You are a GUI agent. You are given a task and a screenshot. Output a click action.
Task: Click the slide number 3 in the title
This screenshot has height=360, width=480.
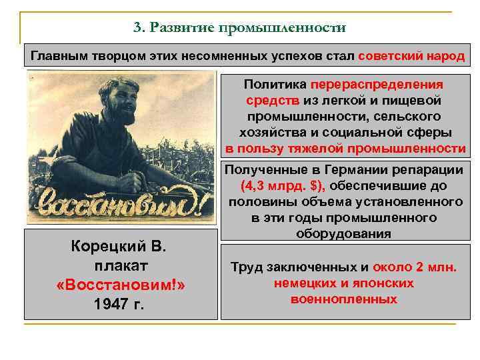coord(137,28)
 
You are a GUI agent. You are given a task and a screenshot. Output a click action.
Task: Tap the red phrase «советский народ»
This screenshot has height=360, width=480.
coord(411,55)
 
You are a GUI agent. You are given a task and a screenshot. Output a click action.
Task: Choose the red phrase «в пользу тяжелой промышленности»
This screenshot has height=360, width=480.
coord(345,147)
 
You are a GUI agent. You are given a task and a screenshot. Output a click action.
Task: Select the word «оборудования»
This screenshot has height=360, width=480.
coord(345,234)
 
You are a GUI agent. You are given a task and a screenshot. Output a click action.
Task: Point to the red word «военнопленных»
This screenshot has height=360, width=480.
coord(344,299)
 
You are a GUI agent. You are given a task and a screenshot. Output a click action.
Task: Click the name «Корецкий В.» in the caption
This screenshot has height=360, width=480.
coord(121,247)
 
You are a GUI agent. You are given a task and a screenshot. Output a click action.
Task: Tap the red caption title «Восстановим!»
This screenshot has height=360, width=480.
coord(121,285)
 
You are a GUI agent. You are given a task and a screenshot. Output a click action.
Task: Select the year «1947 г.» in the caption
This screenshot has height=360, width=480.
coord(121,305)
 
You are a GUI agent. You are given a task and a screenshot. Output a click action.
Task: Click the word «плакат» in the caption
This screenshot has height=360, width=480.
coord(121,266)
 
